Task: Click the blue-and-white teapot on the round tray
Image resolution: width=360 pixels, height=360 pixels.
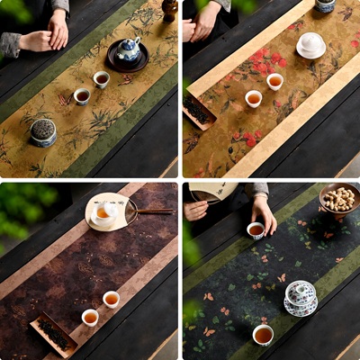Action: point(129,50)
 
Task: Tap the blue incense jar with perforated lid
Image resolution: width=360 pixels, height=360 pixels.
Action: point(43,132)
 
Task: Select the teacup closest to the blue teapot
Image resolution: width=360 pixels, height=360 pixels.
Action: point(102,79)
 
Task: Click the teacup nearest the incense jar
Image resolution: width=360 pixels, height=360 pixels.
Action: point(82,95)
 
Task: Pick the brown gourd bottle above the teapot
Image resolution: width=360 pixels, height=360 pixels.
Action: point(169,9)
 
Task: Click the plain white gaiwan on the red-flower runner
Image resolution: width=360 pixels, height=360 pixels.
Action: point(311,45)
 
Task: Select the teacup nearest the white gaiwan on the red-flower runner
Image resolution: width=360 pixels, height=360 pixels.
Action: point(274,81)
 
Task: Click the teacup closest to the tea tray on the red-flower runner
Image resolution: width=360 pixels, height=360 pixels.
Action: point(254,98)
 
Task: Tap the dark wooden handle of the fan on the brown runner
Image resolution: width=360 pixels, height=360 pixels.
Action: point(155,211)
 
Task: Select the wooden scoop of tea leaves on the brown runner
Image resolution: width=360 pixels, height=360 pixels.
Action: point(55,333)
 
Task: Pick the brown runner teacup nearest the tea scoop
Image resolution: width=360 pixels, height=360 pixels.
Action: point(90,317)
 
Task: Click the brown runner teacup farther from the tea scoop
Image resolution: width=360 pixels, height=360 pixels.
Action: point(111,299)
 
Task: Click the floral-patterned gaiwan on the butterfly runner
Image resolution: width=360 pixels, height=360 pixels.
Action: point(300,297)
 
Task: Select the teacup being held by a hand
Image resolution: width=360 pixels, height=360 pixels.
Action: point(256,230)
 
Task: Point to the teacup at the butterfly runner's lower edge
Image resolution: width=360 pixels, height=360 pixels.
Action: point(263,335)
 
